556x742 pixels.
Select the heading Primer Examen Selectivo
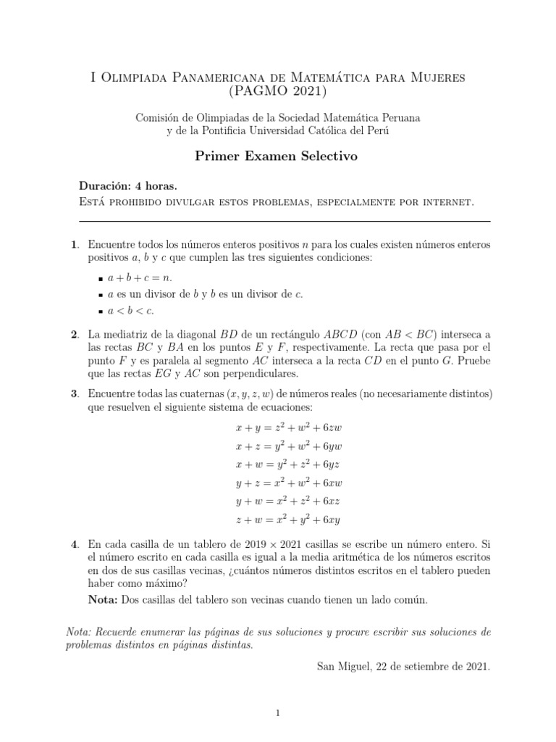tap(277, 157)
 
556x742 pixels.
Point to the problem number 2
tap(74, 334)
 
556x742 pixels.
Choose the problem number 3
tap(74, 393)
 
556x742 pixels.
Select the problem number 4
tap(74, 543)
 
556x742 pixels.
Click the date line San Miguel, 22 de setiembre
tap(403, 664)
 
